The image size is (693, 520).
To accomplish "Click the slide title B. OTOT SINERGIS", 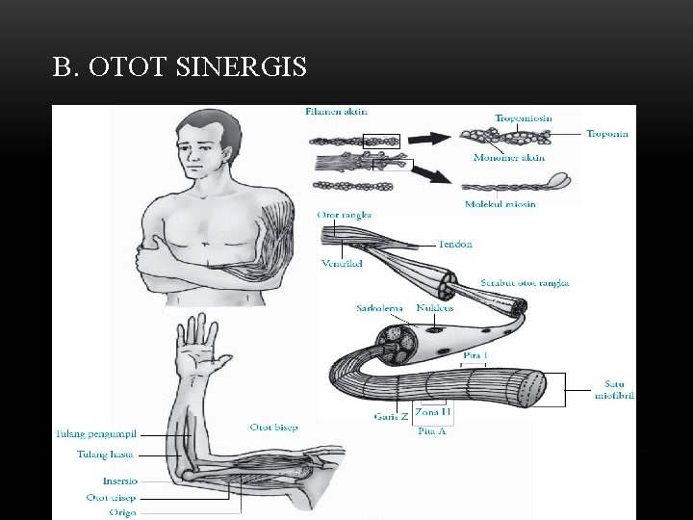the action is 180,66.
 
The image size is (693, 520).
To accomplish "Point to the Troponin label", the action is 607,135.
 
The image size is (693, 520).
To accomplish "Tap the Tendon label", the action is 455,245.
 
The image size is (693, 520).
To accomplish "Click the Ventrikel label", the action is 341,264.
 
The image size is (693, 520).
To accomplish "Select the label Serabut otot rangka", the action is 525,283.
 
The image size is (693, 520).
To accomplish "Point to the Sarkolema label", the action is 378,309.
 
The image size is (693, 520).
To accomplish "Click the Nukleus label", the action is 436,309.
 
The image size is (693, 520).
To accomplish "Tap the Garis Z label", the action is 391,417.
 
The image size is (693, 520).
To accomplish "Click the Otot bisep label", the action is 273,427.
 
